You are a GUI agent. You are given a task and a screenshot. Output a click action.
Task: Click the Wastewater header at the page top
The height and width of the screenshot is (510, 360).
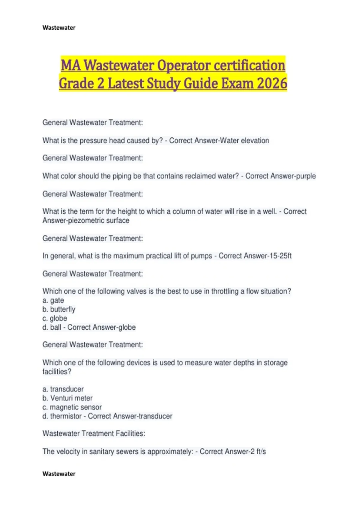coord(59,28)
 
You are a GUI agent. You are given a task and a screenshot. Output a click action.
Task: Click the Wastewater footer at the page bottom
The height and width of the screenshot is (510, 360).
coord(59,474)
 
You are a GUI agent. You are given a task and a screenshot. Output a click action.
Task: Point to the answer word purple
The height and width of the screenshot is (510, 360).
coord(306,176)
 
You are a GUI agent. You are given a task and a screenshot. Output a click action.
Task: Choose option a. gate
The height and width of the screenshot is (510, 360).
coord(53,300)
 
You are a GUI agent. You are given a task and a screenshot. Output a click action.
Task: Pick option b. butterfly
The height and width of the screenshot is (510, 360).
coord(59,309)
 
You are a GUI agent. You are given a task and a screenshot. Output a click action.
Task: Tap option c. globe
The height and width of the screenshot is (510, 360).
coord(55,318)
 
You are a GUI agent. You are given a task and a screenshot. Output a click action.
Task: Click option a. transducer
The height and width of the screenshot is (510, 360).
coord(63,389)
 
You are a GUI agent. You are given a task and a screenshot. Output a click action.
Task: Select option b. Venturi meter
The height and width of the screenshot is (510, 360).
coord(67,398)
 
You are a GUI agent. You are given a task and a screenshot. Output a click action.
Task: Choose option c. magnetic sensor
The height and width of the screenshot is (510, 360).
coord(72,407)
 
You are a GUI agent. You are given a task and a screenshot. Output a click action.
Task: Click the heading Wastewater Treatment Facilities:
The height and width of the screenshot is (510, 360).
coord(94,433)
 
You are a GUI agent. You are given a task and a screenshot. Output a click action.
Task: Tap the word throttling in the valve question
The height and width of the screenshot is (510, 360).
coord(225,291)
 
